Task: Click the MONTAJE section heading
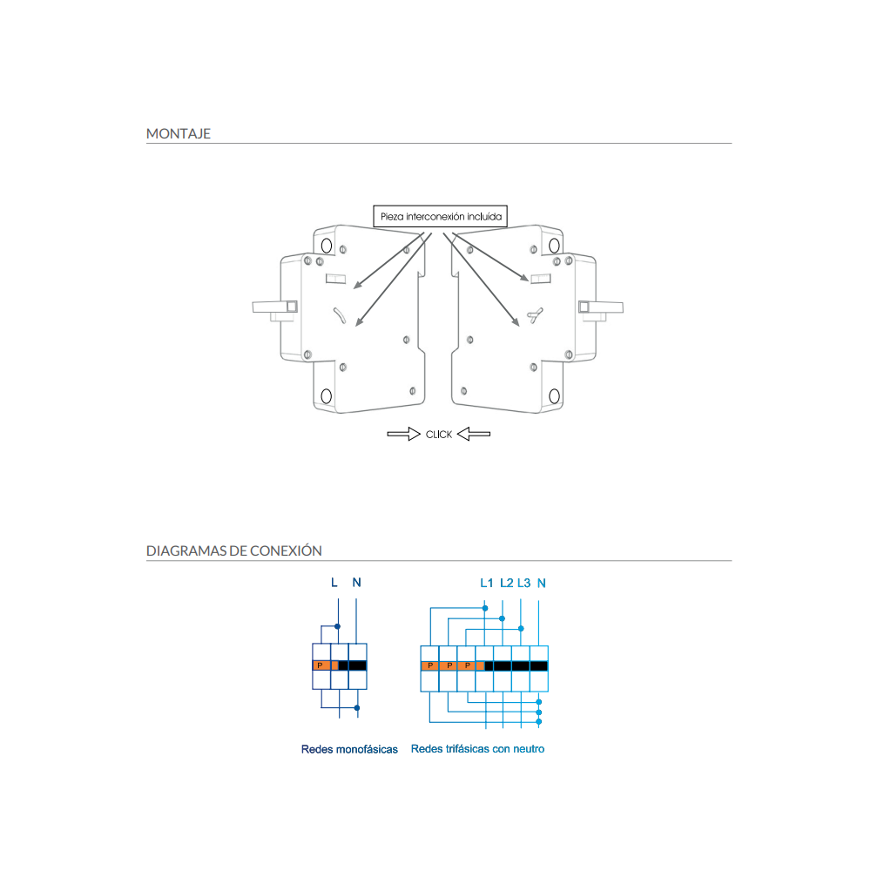coord(179,134)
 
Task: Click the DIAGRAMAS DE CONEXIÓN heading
coord(233,551)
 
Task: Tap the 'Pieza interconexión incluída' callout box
coord(441,216)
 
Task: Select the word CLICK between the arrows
coord(439,435)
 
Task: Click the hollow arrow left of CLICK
coord(404,434)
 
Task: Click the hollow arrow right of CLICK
coord(474,434)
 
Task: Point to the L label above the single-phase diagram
coord(334,582)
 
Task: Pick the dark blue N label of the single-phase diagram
coord(356,582)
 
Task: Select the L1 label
coord(487,583)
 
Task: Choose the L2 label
coord(507,583)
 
